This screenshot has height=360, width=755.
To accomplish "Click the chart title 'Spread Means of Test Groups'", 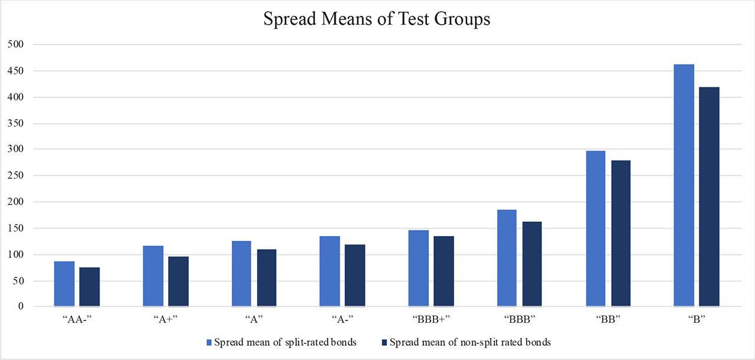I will [377, 19].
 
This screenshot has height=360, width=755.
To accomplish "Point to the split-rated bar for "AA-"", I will [64, 284].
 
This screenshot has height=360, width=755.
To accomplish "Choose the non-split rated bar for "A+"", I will [178, 282].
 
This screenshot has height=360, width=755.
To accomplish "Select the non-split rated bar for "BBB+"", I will [444, 271].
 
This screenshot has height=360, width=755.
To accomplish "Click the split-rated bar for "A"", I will [241, 274].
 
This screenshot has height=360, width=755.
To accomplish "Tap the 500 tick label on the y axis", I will [15, 44].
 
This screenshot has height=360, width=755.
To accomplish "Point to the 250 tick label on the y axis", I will [15, 176].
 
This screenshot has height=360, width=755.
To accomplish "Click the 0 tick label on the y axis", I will [20, 307].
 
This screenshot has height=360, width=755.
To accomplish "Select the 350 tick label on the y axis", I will [15, 123].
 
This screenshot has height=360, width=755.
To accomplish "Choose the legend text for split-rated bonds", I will [285, 342].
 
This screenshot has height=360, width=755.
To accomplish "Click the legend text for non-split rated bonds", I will [470, 342].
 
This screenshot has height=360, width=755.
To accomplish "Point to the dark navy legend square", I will [385, 342].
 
